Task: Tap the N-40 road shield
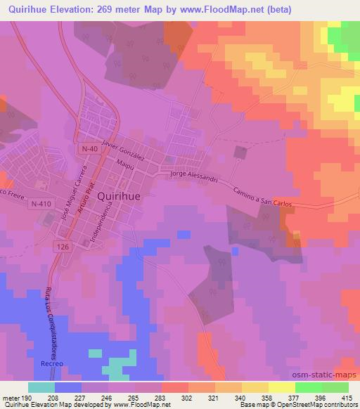(x=86, y=149)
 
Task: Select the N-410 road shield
(x=40, y=203)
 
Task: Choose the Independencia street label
(x=101, y=223)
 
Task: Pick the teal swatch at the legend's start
(x=41, y=387)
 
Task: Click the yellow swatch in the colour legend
(x=281, y=387)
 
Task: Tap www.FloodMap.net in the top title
(x=198, y=9)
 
